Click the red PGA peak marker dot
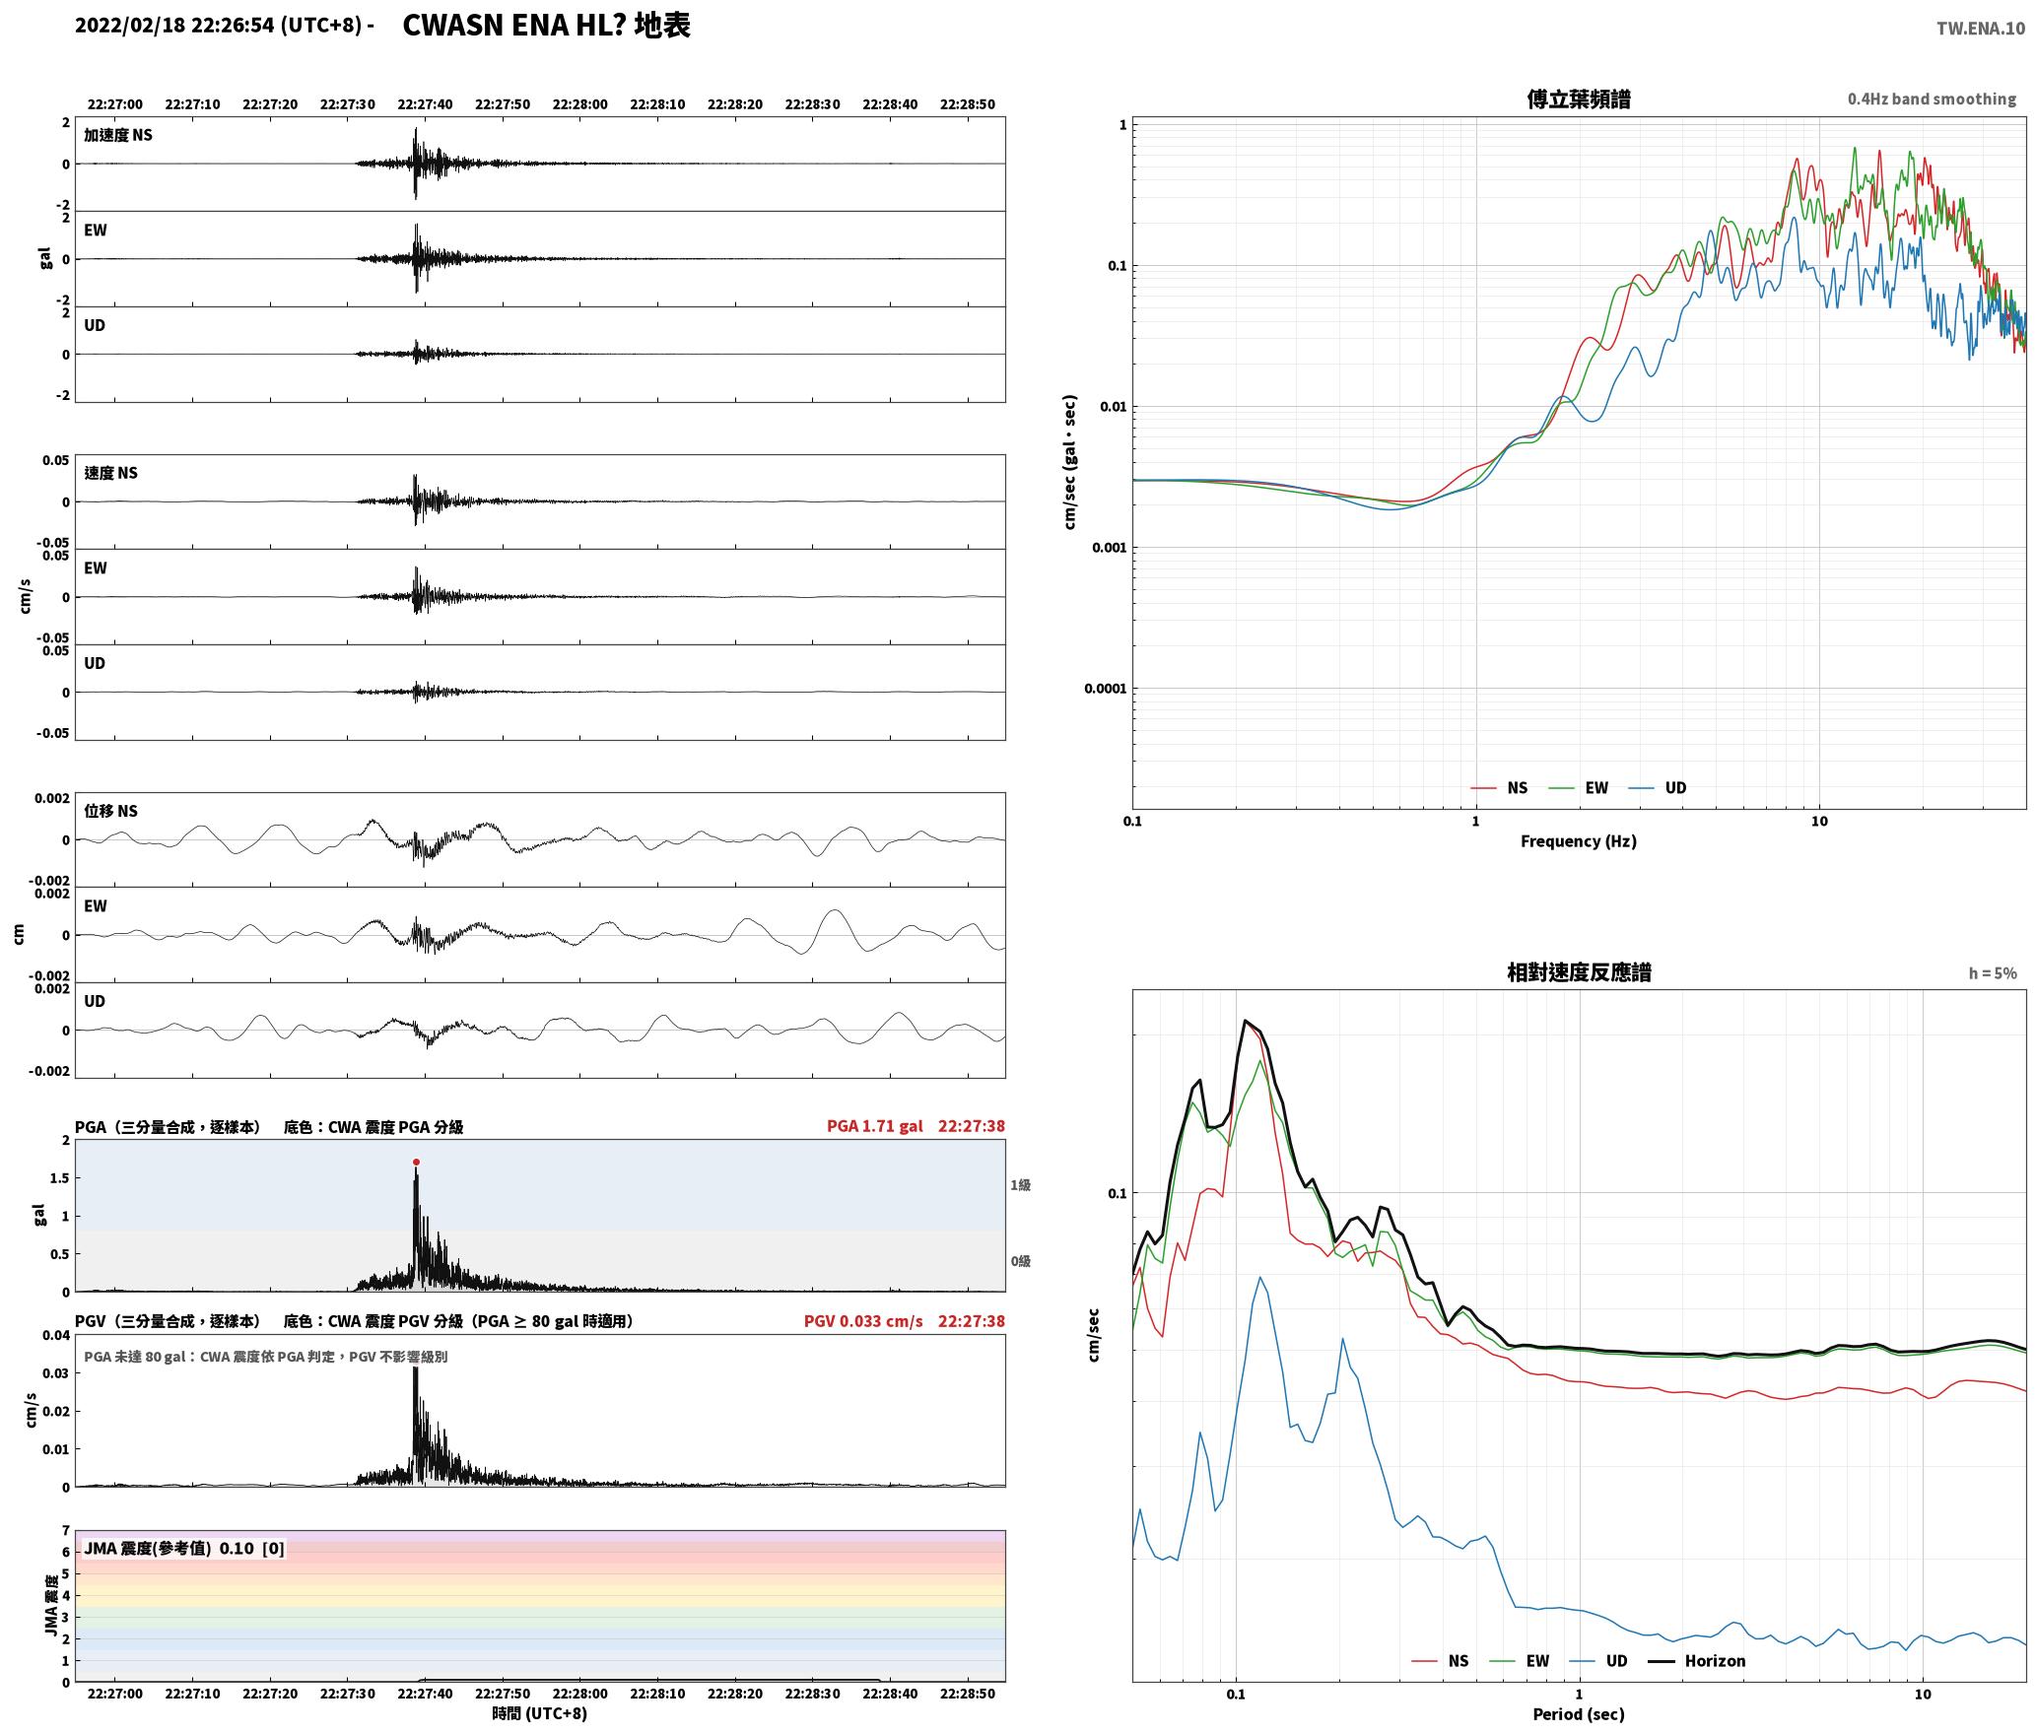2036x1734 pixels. tap(416, 1163)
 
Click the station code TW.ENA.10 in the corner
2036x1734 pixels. tap(1981, 29)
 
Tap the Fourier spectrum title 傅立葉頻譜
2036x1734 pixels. tap(1578, 100)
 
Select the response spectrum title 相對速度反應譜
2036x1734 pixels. tap(1579, 972)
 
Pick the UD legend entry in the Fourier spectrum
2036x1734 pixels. tap(1657, 788)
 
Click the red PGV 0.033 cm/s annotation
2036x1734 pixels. tap(863, 1321)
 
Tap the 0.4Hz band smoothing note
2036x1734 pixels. tap(1932, 100)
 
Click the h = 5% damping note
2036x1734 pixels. tap(1993, 973)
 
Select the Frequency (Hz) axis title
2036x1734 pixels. tap(1578, 841)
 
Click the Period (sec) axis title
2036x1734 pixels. tap(1578, 1714)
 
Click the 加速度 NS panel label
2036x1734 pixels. tap(118, 135)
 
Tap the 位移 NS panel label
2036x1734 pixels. tap(110, 811)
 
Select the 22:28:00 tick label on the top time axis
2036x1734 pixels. tap(579, 104)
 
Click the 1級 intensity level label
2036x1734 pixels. tap(1020, 1185)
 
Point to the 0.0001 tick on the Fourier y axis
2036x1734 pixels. tap(1104, 689)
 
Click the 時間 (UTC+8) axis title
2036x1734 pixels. tap(540, 1714)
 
